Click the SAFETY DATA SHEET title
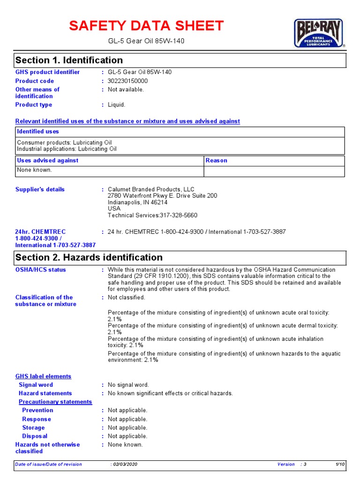(x=146, y=26)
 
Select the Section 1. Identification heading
(x=69, y=60)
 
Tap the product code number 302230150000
(x=127, y=81)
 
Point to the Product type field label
(x=34, y=105)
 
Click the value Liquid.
(x=117, y=105)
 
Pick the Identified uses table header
(x=38, y=132)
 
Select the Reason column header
(x=217, y=160)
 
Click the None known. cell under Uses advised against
(x=35, y=170)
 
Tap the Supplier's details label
(x=40, y=189)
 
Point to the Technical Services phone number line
(x=152, y=216)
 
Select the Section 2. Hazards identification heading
(x=89, y=257)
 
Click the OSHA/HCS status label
(x=41, y=270)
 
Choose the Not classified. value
(x=127, y=298)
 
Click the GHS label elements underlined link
(x=43, y=376)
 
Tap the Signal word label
(x=36, y=385)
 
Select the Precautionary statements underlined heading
(x=55, y=402)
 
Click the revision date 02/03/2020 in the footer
(x=125, y=465)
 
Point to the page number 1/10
(x=340, y=465)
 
